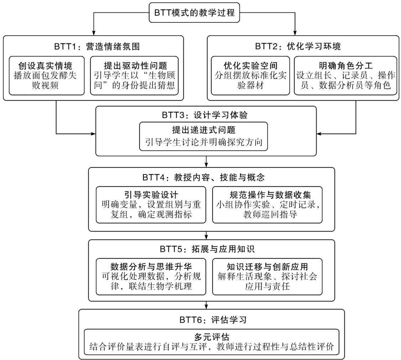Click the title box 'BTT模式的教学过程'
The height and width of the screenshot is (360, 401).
coord(194,12)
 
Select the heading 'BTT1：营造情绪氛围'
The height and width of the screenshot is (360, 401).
coord(97,47)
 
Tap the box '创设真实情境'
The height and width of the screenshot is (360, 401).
coord(47,76)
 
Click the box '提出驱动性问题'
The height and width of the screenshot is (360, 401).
coord(134,76)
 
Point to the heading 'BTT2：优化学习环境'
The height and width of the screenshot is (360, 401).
coord(298,47)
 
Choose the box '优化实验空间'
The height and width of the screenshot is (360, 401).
coord(250,76)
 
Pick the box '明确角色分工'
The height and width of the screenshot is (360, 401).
coord(345,76)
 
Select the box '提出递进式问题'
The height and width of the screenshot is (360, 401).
coord(204,136)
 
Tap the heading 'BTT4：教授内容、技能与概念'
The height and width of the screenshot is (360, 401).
coord(203,177)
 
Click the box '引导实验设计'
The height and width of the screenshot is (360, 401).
coord(151,205)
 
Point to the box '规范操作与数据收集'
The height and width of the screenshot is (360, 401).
coord(267,205)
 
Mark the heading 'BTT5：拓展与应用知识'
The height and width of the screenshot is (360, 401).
coord(207,249)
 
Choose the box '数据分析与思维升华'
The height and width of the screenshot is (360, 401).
coord(151,277)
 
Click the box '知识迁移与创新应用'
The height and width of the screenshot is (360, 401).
coord(267,277)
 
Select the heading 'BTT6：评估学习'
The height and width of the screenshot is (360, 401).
coord(213,320)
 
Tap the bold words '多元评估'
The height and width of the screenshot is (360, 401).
coord(212,337)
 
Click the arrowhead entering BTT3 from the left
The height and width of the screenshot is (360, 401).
coord(93,134)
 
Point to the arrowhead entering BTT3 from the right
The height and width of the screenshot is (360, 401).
coord(319,134)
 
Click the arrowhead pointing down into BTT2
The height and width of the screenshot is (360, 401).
coord(295,33)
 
